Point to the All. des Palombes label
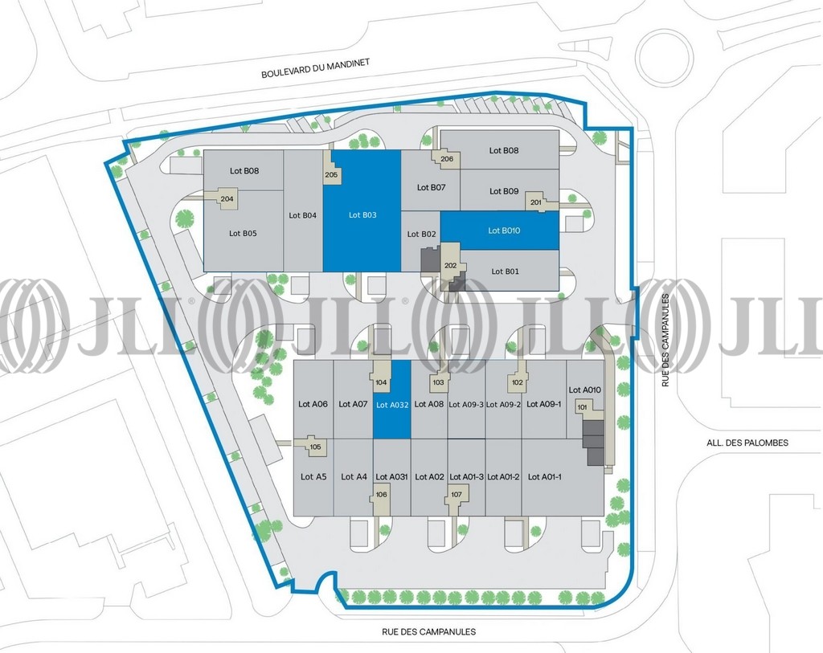coord(747,443)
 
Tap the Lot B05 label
coord(243,234)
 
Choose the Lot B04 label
coord(302,215)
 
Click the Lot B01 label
coord(505,271)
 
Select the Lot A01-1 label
coord(544,477)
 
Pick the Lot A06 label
coord(313,404)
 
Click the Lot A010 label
coord(585,390)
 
